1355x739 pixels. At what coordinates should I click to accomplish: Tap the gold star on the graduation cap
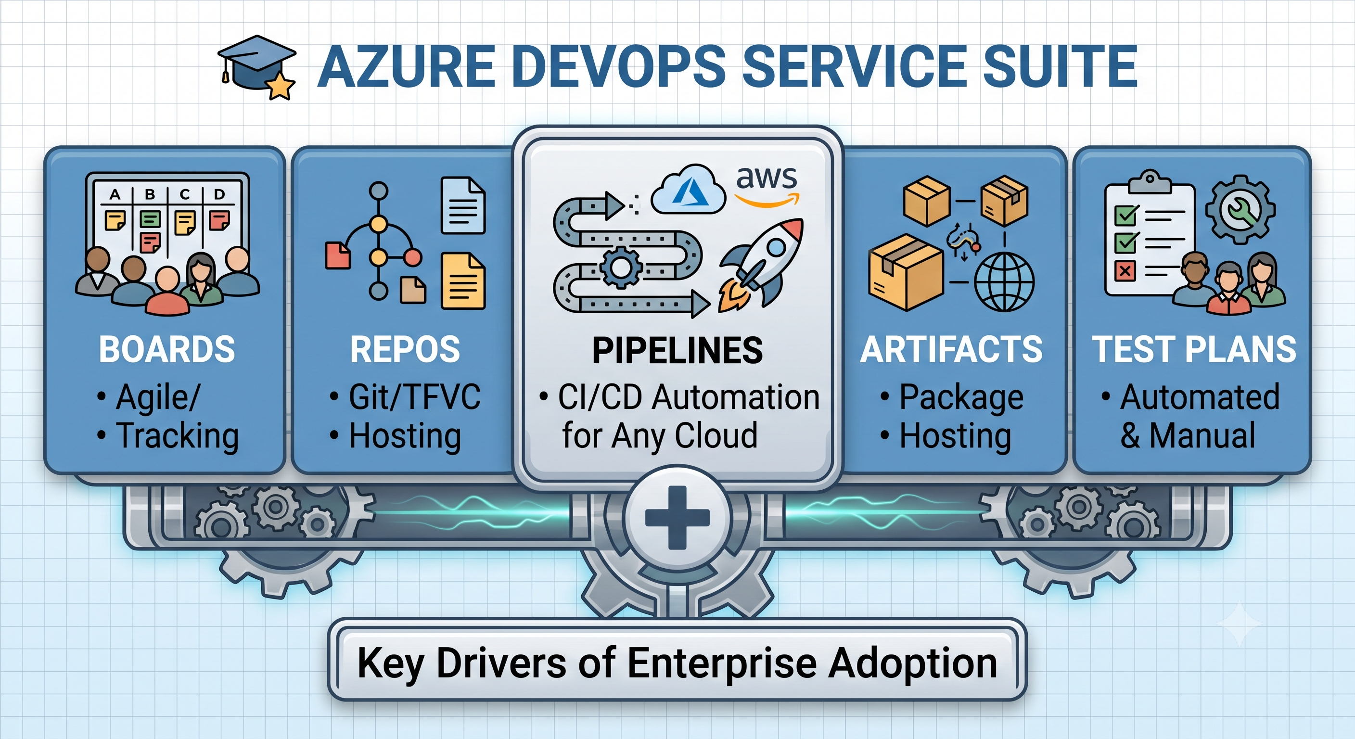(281, 86)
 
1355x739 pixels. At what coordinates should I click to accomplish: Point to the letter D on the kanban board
(219, 194)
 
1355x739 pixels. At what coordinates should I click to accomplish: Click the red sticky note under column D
(219, 220)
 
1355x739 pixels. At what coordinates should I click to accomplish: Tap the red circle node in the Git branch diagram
(412, 257)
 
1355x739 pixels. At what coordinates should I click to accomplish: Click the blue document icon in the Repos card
(463, 205)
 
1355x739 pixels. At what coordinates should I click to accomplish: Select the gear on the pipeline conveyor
(621, 267)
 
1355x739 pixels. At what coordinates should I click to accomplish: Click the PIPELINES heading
(677, 350)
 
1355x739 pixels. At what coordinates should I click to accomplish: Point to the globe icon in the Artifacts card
(1004, 282)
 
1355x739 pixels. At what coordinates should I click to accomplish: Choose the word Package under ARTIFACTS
(961, 397)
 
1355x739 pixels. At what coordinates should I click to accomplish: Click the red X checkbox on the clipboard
(1125, 271)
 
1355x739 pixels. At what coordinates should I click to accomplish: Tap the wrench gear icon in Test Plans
(1240, 209)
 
